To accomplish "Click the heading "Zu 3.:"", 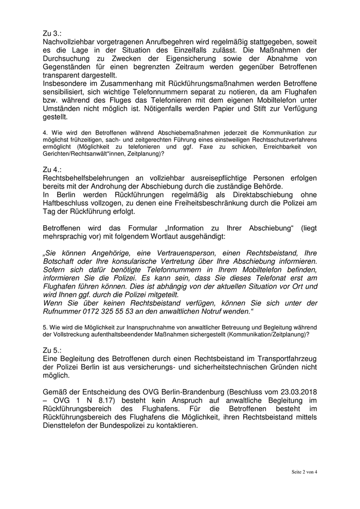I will click(53, 32).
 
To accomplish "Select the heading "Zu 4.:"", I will click(53, 168).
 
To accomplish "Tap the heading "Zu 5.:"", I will click(53, 349).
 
